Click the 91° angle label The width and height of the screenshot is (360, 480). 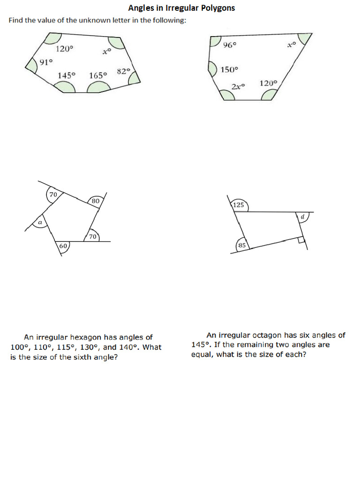pyautogui.click(x=46, y=62)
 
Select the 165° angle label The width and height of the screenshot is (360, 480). pyautogui.click(x=98, y=75)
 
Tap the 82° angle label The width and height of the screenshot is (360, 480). pyautogui.click(x=123, y=72)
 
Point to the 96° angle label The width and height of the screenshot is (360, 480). pyautogui.click(x=230, y=45)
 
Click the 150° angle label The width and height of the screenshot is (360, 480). pyautogui.click(x=229, y=69)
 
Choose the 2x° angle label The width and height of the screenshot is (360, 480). pyautogui.click(x=238, y=86)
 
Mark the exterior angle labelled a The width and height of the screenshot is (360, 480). pyautogui.click(x=40, y=223)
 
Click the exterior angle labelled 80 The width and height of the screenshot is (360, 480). pyautogui.click(x=95, y=201)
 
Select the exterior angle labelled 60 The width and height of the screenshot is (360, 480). pyautogui.click(x=63, y=246)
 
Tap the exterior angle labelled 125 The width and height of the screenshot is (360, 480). pyautogui.click(x=239, y=205)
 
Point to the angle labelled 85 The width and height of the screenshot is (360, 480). pyautogui.click(x=242, y=245)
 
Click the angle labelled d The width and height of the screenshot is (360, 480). pyautogui.click(x=302, y=217)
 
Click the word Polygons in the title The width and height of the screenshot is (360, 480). pyautogui.click(x=217, y=8)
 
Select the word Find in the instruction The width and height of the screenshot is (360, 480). pyautogui.click(x=17, y=21)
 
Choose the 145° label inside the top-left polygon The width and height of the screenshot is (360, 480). pyautogui.click(x=67, y=75)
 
